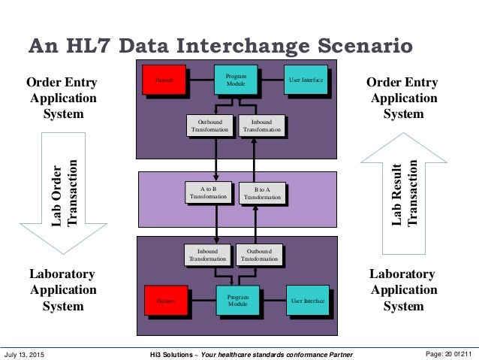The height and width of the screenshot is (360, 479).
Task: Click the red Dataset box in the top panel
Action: tap(164, 80)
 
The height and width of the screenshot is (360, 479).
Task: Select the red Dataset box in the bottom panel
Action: tap(166, 301)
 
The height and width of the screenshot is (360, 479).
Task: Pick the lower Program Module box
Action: tap(236, 301)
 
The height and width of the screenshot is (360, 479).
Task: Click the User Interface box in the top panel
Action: tap(306, 80)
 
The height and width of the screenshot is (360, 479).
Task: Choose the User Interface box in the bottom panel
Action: tap(308, 301)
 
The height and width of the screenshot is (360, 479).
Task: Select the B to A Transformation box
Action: tap(262, 194)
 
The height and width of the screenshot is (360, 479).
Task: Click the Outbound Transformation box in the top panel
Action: tap(208, 126)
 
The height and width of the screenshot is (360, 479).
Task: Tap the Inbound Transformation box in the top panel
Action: tap(262, 126)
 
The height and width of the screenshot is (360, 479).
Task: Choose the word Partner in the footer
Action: tap(334, 353)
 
